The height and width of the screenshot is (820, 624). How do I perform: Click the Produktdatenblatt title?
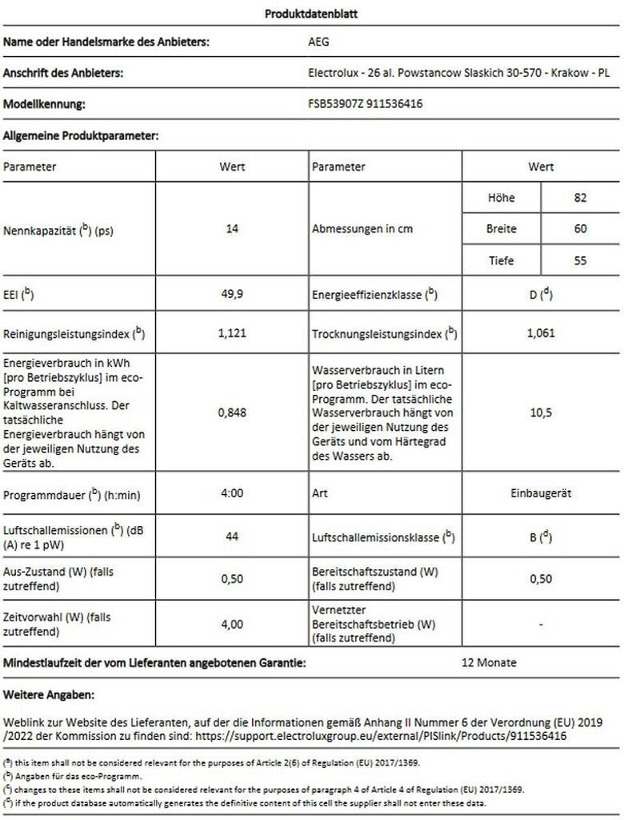[312, 13]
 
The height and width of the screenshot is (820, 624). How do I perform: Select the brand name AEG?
[318, 42]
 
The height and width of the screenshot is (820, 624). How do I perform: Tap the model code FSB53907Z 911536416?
[365, 104]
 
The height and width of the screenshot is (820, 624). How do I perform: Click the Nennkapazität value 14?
[232, 229]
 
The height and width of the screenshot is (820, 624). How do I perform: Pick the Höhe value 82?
[580, 198]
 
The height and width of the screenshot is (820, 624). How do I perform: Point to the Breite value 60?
[580, 229]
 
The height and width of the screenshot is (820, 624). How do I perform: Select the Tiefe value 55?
[580, 260]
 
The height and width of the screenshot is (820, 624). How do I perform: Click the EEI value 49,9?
[232, 295]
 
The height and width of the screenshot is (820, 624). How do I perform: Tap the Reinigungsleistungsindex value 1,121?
[232, 333]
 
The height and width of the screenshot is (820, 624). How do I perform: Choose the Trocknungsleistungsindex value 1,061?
[541, 333]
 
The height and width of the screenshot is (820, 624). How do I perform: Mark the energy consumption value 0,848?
[232, 412]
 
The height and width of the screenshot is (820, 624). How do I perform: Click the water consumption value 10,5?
[541, 412]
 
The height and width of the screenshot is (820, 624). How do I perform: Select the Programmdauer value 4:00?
[232, 493]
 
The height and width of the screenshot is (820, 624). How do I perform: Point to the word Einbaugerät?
[541, 493]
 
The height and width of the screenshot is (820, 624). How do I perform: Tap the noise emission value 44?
[232, 537]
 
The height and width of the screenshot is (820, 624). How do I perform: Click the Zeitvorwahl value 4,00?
[232, 624]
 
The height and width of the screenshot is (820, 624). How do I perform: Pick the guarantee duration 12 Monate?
[490, 663]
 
